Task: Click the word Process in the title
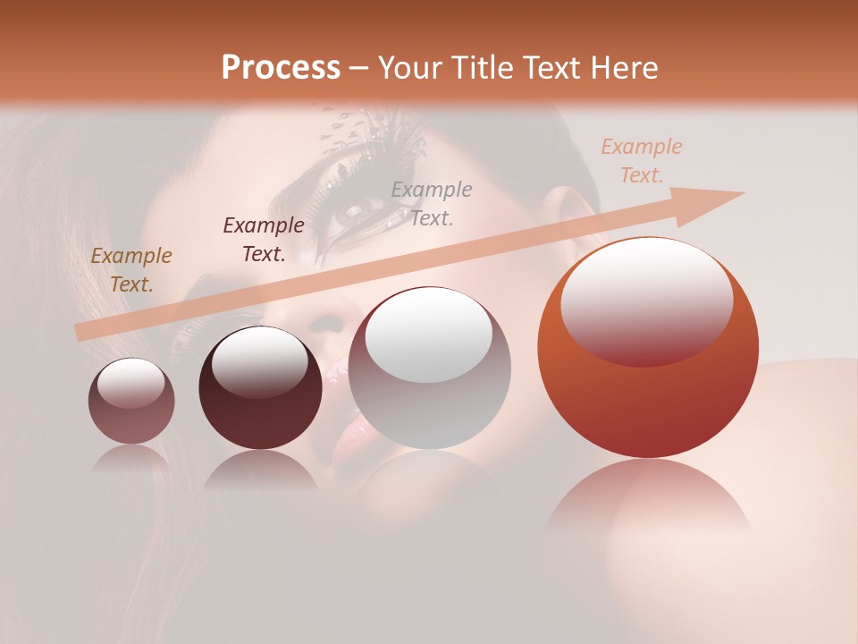pos(281,68)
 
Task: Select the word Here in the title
pos(622,68)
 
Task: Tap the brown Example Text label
pos(131,270)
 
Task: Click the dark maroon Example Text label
pos(264,240)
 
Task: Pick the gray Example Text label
pos(432,203)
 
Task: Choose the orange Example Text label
pos(641,161)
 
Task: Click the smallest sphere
pos(131,402)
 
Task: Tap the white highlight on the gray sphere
pos(429,334)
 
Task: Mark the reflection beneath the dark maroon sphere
pos(260,470)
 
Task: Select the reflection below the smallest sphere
pos(131,458)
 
